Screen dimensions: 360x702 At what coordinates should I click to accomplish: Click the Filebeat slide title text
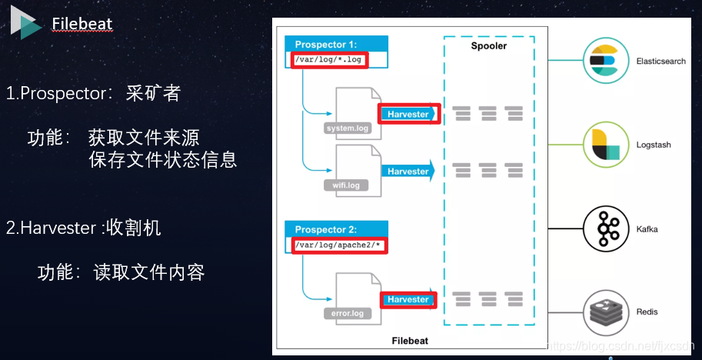tap(82, 24)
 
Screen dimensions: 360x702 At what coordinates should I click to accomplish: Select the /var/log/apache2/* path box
tap(338, 245)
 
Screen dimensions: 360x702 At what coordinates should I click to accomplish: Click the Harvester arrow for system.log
tap(409, 114)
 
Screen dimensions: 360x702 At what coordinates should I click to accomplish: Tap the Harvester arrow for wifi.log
tap(409, 171)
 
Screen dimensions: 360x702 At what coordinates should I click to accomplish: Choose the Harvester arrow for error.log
tap(409, 299)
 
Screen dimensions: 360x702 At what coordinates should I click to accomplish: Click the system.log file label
tap(348, 128)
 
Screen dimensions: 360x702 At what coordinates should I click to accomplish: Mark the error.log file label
tap(348, 313)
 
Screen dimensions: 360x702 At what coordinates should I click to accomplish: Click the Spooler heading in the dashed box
tap(489, 46)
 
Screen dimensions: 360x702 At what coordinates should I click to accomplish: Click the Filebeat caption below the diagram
tap(408, 340)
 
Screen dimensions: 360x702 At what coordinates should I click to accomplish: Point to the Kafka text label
tap(647, 229)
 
